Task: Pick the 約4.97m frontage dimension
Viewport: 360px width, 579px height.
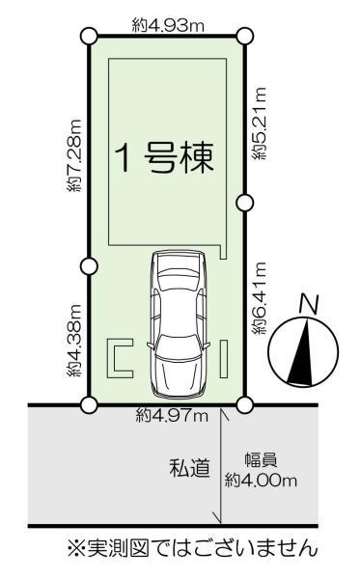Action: (x=172, y=416)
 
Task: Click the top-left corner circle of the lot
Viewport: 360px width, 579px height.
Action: (x=89, y=37)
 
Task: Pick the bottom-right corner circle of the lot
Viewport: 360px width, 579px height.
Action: (x=244, y=404)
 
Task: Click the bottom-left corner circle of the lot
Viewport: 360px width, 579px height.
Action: (x=89, y=404)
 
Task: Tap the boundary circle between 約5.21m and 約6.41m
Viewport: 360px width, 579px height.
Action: (x=244, y=202)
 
